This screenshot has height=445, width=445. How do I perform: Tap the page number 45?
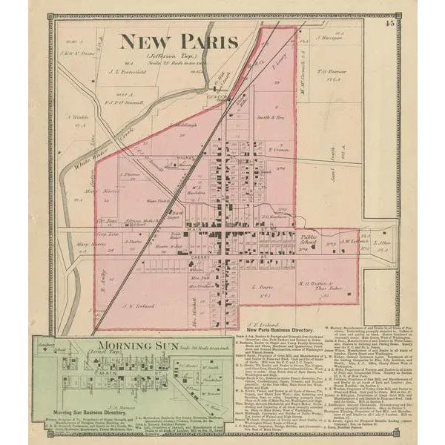(389, 24)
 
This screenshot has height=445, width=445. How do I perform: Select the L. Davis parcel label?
(263, 286)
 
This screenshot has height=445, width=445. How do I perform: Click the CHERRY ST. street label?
(202, 257)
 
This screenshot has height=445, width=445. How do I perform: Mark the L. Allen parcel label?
(382, 243)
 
